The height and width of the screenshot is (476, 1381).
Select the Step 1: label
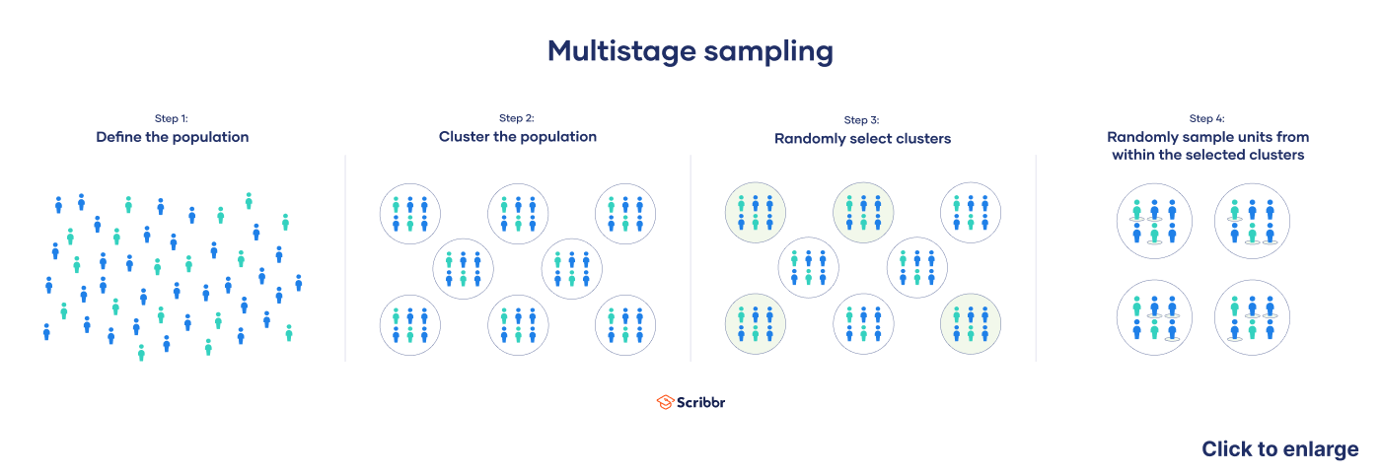click(x=172, y=118)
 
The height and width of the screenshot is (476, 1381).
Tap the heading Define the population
click(x=172, y=137)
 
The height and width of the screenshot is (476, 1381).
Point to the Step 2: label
click(x=517, y=118)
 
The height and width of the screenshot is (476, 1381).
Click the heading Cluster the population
click(x=517, y=137)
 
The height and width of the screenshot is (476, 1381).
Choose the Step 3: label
click(x=862, y=120)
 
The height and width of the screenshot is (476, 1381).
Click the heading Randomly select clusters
click(x=862, y=139)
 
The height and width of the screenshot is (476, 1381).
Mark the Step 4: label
click(x=1207, y=118)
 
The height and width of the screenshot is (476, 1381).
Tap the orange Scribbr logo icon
click(x=664, y=402)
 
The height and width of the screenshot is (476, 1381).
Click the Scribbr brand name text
click(x=700, y=402)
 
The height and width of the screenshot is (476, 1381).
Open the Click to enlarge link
click(x=1279, y=449)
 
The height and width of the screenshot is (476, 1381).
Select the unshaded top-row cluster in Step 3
click(x=970, y=212)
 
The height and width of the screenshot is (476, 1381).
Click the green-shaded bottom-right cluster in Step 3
click(x=970, y=324)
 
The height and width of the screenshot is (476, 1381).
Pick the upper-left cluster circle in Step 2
click(x=410, y=212)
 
